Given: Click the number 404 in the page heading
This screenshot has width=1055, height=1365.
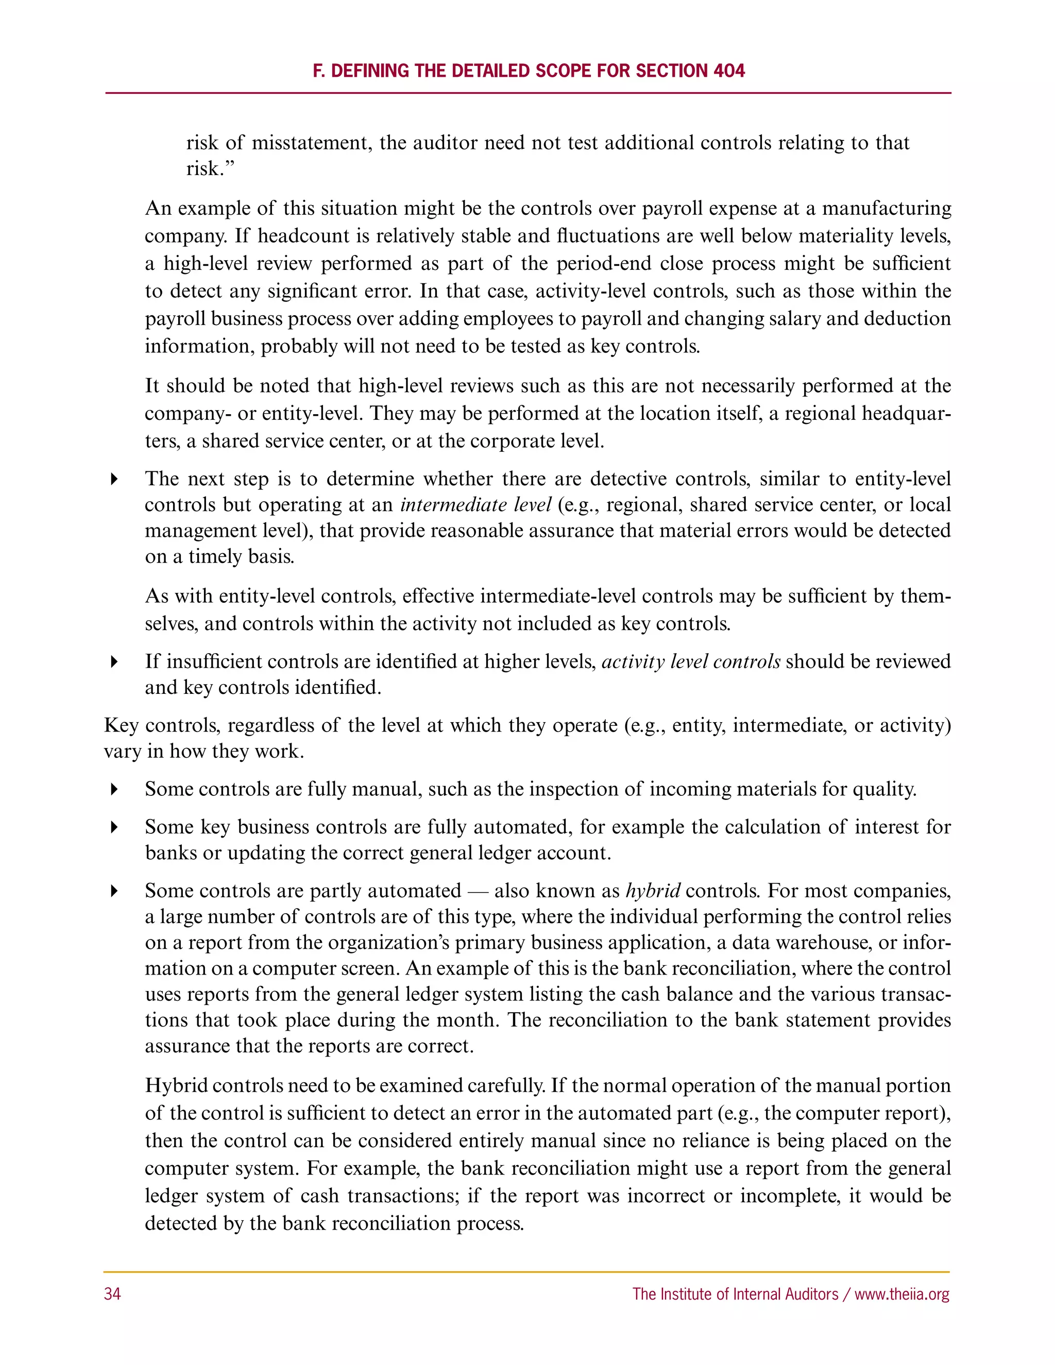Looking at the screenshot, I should click(x=729, y=71).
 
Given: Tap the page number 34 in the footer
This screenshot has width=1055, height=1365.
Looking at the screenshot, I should click(x=112, y=1294).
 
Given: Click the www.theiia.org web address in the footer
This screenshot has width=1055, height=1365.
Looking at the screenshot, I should click(x=902, y=1294).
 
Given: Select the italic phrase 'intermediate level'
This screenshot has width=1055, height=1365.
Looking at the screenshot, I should click(x=475, y=504).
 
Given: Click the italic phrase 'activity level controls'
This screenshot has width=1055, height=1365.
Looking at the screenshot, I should click(x=691, y=661).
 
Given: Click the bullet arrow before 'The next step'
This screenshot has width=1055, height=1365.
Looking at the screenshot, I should click(x=114, y=480).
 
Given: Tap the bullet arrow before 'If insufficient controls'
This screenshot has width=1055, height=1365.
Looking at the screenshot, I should click(x=114, y=662).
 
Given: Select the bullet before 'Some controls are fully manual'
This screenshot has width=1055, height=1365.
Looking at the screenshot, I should click(x=114, y=789).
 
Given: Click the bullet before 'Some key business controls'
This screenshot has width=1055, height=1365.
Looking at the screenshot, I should click(x=114, y=828).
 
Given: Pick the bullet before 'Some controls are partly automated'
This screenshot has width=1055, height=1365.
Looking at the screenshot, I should click(x=114, y=891).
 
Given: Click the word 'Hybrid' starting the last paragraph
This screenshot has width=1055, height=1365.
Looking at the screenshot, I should click(x=176, y=1086).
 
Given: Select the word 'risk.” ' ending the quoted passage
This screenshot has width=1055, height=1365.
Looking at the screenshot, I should click(x=211, y=169).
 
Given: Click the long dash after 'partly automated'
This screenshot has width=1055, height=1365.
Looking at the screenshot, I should click(x=478, y=891).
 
